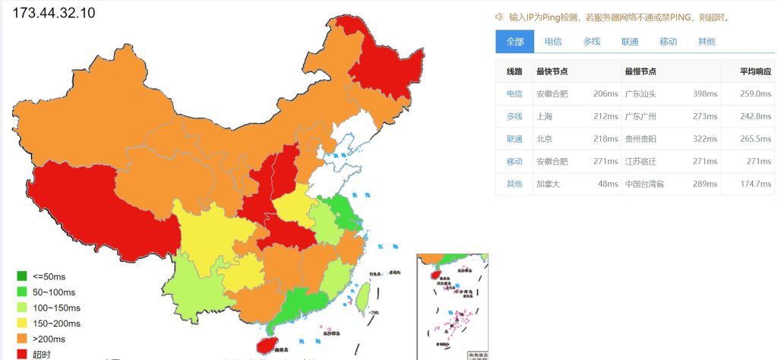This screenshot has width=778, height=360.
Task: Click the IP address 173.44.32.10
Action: [54, 13]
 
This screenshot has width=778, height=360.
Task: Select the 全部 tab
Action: [515, 42]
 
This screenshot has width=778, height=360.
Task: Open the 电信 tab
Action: [554, 42]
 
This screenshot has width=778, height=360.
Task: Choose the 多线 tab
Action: [592, 42]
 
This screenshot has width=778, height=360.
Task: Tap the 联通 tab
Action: [630, 42]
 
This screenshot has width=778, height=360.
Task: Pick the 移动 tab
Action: [668, 42]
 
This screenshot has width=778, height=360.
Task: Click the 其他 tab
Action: [706, 42]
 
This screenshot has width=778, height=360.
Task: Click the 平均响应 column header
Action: [756, 71]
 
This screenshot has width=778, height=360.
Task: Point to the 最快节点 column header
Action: [552, 71]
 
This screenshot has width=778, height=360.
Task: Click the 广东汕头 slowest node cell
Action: [640, 94]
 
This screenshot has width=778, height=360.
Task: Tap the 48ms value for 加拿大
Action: [608, 184]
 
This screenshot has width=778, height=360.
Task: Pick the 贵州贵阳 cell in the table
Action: [640, 139]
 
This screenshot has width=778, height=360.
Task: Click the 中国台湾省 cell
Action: [644, 184]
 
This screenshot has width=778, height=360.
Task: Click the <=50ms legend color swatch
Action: [21, 276]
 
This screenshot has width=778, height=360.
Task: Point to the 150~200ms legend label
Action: [56, 324]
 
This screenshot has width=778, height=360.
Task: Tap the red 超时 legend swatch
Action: [21, 354]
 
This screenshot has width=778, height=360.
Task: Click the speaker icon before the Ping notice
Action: [499, 17]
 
